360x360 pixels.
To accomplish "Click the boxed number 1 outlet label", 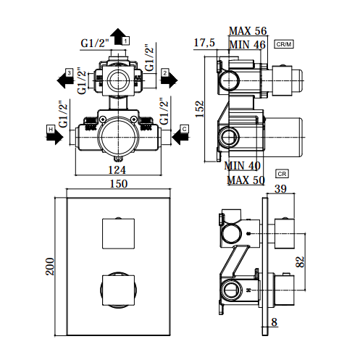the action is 125,41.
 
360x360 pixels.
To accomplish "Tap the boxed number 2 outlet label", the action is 165,72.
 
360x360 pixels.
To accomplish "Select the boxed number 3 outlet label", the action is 70,72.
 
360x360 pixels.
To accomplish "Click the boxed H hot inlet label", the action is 51,130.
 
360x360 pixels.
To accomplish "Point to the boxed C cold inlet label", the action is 185,129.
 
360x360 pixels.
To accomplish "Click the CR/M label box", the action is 284,44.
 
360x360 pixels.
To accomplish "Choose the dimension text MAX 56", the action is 248,31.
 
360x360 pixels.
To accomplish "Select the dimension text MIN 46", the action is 247,45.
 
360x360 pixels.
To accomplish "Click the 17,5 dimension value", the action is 204,43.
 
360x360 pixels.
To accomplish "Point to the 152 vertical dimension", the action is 200,109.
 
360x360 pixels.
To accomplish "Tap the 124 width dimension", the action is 117,169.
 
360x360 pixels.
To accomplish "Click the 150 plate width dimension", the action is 119,184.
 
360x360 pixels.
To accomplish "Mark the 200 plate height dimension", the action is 50,267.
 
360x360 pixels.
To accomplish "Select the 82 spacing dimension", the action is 300,261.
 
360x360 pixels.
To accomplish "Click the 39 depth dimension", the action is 280,188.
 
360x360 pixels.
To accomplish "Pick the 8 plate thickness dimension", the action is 274,322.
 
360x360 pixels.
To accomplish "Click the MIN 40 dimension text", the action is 242,166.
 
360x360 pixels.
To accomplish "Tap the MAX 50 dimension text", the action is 246,180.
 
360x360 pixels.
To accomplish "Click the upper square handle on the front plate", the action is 118,233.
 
